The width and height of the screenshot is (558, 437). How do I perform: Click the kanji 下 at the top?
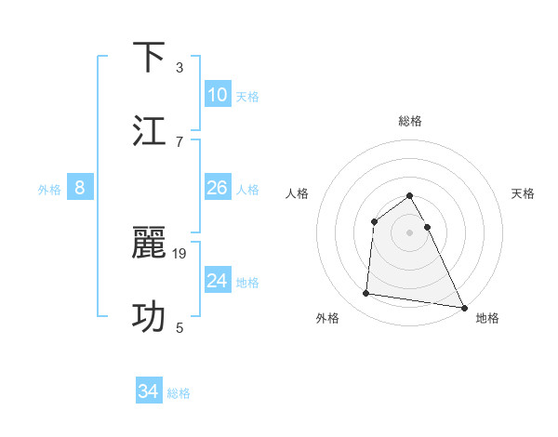(x=151, y=58)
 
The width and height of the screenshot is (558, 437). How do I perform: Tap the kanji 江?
(x=151, y=131)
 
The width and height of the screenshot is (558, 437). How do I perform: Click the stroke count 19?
(x=180, y=253)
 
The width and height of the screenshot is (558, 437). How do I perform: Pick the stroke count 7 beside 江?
(x=179, y=141)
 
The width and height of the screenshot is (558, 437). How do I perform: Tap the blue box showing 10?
(x=218, y=95)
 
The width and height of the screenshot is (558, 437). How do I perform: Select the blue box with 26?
(x=218, y=188)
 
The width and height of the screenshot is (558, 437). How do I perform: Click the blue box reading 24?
(x=218, y=281)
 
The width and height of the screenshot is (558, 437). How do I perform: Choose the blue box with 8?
(x=80, y=188)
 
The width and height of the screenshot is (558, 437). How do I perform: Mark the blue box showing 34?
(x=148, y=392)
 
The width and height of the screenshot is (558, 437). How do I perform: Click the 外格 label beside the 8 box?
(x=49, y=190)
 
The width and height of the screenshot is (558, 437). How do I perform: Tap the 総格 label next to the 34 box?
(x=179, y=393)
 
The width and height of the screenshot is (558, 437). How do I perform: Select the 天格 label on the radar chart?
(x=524, y=193)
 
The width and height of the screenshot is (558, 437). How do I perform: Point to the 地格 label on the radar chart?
(x=487, y=318)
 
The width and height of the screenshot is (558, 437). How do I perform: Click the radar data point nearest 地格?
(x=463, y=307)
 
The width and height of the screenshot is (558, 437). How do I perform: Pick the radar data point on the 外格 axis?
(x=366, y=294)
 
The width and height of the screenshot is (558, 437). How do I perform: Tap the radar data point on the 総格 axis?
(x=410, y=196)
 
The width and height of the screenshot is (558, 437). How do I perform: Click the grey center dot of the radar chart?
(x=410, y=232)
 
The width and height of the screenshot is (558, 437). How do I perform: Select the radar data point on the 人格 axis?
(x=375, y=221)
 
